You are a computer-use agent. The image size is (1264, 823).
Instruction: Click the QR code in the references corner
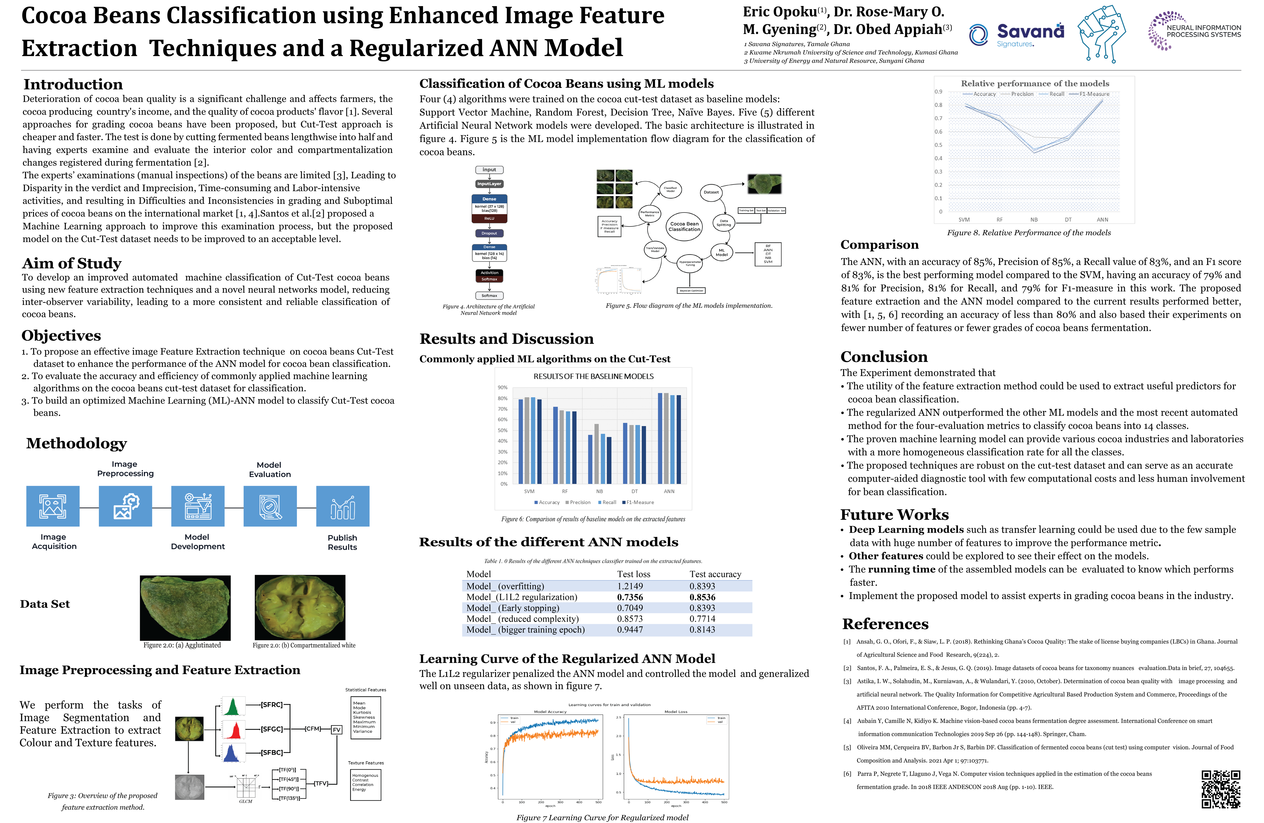click(1221, 789)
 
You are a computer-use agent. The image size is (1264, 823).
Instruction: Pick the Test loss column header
click(634, 574)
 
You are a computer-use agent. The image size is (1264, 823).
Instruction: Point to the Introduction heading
click(73, 84)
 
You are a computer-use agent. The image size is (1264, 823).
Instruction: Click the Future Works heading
click(894, 514)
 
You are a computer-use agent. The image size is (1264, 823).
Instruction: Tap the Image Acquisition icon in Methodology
click(53, 506)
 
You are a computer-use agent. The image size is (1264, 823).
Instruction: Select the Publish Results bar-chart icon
click(342, 506)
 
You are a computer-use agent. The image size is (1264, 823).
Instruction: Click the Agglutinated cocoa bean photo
click(185, 608)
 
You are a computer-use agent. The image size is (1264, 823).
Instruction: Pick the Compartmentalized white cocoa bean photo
click(300, 608)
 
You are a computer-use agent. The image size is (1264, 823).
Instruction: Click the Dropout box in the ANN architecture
click(489, 233)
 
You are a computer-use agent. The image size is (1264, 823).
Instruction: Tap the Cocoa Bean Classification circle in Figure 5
click(684, 227)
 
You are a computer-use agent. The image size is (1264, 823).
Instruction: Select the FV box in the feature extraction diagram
click(336, 730)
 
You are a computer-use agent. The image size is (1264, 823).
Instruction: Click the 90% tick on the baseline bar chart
click(503, 387)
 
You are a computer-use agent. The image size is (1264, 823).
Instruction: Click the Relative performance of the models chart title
click(1034, 83)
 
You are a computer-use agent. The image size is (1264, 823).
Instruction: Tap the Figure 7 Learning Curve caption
click(602, 818)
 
